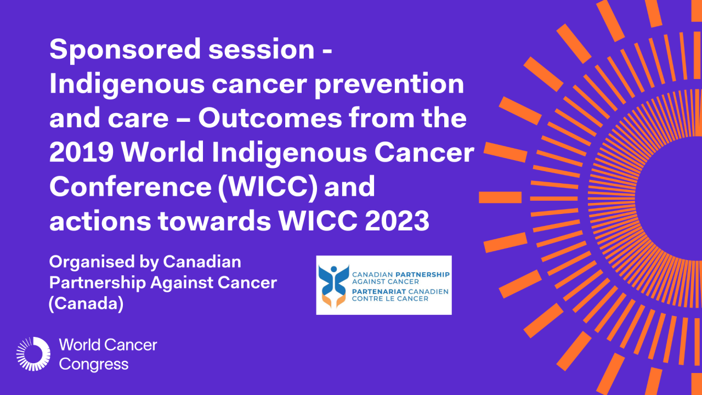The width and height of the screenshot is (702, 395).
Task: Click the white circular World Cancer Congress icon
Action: coord(33,354)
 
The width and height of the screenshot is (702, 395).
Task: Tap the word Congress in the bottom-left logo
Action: coord(94,364)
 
